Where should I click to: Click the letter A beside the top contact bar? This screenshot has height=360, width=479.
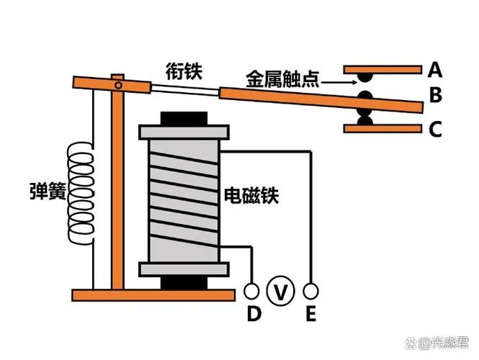click(435, 70)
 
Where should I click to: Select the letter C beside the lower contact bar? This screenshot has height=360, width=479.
click(435, 129)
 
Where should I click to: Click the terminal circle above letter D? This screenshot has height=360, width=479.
click(251, 291)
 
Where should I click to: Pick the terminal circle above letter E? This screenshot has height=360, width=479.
click(310, 291)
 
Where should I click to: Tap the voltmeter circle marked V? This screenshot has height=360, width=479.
click(280, 291)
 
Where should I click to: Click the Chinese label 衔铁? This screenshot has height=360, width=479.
click(184, 71)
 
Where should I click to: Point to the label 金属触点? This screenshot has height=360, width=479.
click(282, 79)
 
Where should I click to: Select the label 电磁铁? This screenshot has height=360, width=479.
click(251, 195)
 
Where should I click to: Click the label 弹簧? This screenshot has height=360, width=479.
click(48, 191)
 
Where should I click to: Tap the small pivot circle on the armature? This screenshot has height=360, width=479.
click(118, 86)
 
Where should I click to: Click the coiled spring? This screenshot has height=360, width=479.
click(81, 194)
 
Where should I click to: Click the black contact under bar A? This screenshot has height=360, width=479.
click(365, 77)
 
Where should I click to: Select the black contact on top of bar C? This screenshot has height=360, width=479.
click(365, 120)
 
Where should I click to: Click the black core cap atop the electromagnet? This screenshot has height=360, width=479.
click(184, 119)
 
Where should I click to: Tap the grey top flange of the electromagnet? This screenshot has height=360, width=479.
click(184, 132)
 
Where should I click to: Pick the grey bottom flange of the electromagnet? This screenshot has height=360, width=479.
click(184, 269)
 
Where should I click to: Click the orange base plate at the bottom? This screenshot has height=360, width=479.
click(153, 295)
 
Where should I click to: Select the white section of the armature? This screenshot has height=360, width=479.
click(185, 89)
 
